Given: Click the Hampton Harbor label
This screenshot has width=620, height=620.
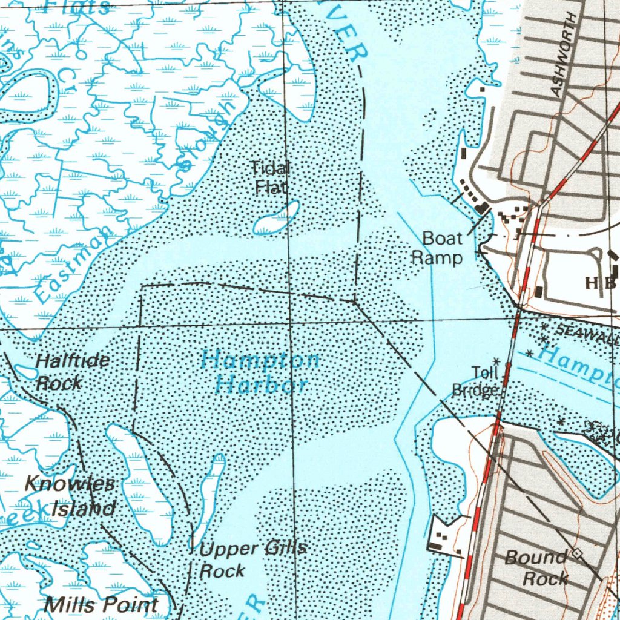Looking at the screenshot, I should (260, 372).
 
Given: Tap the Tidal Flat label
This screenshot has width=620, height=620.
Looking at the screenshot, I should (270, 177).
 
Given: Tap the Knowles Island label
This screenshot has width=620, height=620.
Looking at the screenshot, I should (70, 496).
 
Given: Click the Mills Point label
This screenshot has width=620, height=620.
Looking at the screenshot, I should (101, 604).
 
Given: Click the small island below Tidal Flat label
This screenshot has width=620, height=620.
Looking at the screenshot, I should (276, 219).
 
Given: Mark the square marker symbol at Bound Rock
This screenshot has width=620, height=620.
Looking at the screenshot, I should (576, 552).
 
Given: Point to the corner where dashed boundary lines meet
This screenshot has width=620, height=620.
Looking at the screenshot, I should (356, 301).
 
